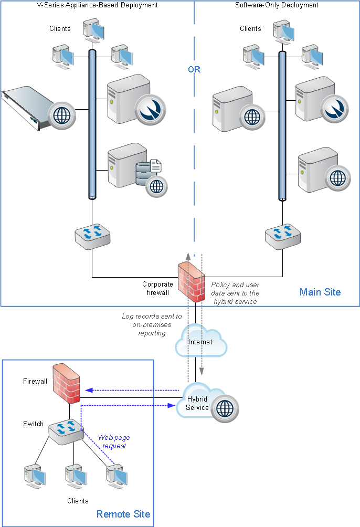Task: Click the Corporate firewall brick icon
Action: click(x=191, y=282)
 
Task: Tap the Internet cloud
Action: click(x=201, y=341)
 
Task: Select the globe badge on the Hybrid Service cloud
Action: click(x=225, y=408)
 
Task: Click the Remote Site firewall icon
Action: click(x=66, y=384)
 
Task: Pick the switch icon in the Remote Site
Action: click(x=66, y=432)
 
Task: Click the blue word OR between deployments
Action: click(x=194, y=70)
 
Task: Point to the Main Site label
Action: click(x=320, y=292)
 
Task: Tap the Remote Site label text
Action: click(x=123, y=514)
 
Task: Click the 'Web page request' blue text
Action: click(x=114, y=441)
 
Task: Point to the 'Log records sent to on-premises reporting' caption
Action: click(x=152, y=325)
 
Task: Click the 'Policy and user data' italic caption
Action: click(x=235, y=293)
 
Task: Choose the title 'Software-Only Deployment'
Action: click(x=277, y=5)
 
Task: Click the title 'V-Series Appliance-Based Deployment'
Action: click(x=97, y=5)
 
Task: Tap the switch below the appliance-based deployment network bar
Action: click(x=92, y=237)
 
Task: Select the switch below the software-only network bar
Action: click(x=283, y=237)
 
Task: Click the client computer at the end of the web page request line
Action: click(x=117, y=476)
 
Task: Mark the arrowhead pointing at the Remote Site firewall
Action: click(x=89, y=390)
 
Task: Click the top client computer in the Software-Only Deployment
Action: click(x=284, y=32)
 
